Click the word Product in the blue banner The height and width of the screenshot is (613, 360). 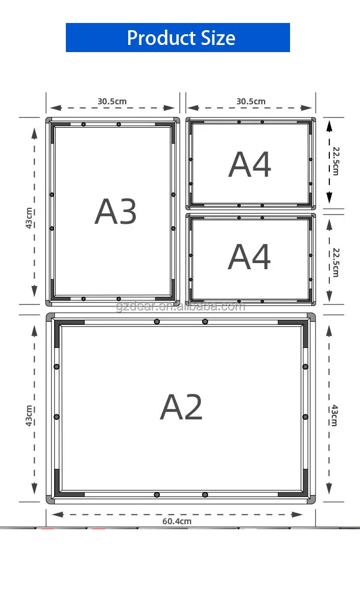click(x=162, y=38)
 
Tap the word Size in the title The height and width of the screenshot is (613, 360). click(x=218, y=38)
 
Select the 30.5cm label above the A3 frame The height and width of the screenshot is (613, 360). click(x=112, y=101)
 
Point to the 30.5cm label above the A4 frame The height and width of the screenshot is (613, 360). click(x=251, y=101)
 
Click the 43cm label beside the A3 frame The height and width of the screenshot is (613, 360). click(x=29, y=218)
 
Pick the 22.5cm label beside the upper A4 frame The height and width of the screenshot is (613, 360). click(x=336, y=161)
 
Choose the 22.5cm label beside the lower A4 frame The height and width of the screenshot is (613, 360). click(x=336, y=262)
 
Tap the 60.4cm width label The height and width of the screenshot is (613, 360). click(x=177, y=521)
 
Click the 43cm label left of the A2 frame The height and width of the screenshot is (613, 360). click(x=29, y=415)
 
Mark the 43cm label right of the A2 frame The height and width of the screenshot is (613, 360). click(x=334, y=415)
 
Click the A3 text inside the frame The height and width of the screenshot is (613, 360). click(x=115, y=211)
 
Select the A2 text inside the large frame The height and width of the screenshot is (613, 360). click(x=181, y=407)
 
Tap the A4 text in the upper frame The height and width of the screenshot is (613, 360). click(x=250, y=164)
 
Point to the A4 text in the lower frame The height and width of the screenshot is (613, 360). click(x=249, y=256)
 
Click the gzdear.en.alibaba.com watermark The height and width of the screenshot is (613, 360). click(x=181, y=306)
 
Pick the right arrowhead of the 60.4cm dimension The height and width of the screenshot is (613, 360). click(x=297, y=514)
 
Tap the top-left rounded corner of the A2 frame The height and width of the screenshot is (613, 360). click(x=50, y=317)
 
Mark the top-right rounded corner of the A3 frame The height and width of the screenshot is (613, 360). click(x=177, y=121)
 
